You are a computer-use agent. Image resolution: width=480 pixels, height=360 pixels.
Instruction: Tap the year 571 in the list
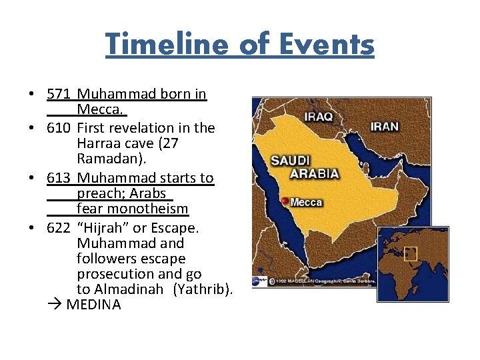[59, 95]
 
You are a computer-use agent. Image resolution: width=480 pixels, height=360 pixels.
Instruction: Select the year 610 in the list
[59, 127]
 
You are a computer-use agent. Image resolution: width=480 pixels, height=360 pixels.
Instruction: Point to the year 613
[59, 178]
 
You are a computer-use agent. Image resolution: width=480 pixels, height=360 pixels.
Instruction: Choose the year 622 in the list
[59, 228]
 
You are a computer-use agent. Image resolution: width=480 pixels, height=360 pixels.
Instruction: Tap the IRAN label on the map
[384, 125]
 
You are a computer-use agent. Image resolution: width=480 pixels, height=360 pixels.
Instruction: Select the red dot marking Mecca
[285, 201]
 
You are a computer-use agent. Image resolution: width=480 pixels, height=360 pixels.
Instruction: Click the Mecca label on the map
[306, 202]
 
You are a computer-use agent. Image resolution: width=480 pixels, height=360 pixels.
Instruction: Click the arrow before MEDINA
[55, 305]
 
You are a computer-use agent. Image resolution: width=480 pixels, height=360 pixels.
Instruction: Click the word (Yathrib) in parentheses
[203, 289]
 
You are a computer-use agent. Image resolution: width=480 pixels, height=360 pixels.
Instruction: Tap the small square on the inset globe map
[410, 253]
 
